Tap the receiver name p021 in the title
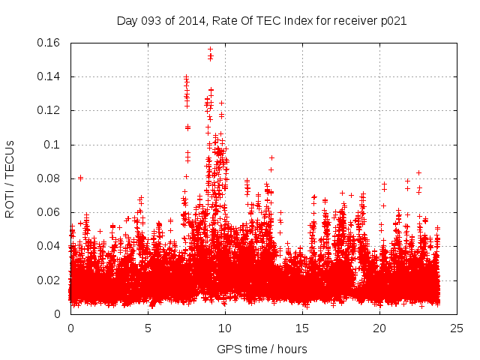coord(392,21)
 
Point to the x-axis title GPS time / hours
coord(262,349)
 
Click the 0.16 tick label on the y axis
coord(51,43)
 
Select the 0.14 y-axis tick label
coord(51,76)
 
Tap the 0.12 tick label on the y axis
coord(51,110)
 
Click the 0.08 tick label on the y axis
coord(51,178)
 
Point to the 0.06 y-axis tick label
coord(51,212)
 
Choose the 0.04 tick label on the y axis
coord(51,246)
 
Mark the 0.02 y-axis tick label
coord(51,280)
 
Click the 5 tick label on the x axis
coord(148,328)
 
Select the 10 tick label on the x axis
coord(225,328)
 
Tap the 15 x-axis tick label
coord(302,328)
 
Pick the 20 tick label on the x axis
coord(379,328)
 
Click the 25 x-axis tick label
coord(457,328)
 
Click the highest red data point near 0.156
coord(211,49)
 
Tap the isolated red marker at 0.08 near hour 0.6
coord(80,178)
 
